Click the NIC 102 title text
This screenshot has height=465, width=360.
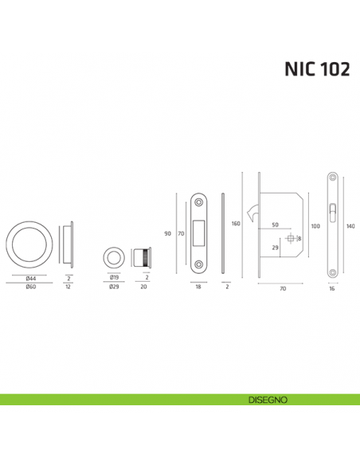[x=316, y=69]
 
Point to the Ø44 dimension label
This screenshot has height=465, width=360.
[x=31, y=278]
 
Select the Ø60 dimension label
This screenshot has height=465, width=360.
[x=31, y=286]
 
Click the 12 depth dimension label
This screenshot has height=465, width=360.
[x=70, y=286]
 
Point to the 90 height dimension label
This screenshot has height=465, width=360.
[x=167, y=233]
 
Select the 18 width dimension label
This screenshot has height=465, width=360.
[x=197, y=286]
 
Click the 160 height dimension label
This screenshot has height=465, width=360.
[x=236, y=224]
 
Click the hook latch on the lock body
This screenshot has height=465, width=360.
[x=254, y=213]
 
